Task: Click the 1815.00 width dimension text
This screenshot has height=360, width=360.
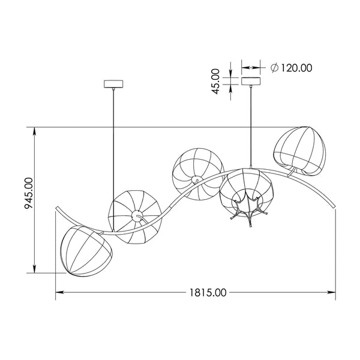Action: tap(208, 293)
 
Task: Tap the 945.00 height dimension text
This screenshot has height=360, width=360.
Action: tap(29, 193)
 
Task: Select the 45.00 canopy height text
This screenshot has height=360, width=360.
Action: tap(215, 81)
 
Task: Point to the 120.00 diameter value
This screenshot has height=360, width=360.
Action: tap(296, 68)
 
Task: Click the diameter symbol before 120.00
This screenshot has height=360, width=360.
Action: tap(275, 68)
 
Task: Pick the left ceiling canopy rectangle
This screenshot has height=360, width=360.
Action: tap(113, 84)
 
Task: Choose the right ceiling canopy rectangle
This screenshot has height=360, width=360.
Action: tap(251, 81)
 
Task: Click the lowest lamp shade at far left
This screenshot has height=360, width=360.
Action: tap(86, 251)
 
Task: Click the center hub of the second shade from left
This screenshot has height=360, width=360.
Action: tap(137, 216)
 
